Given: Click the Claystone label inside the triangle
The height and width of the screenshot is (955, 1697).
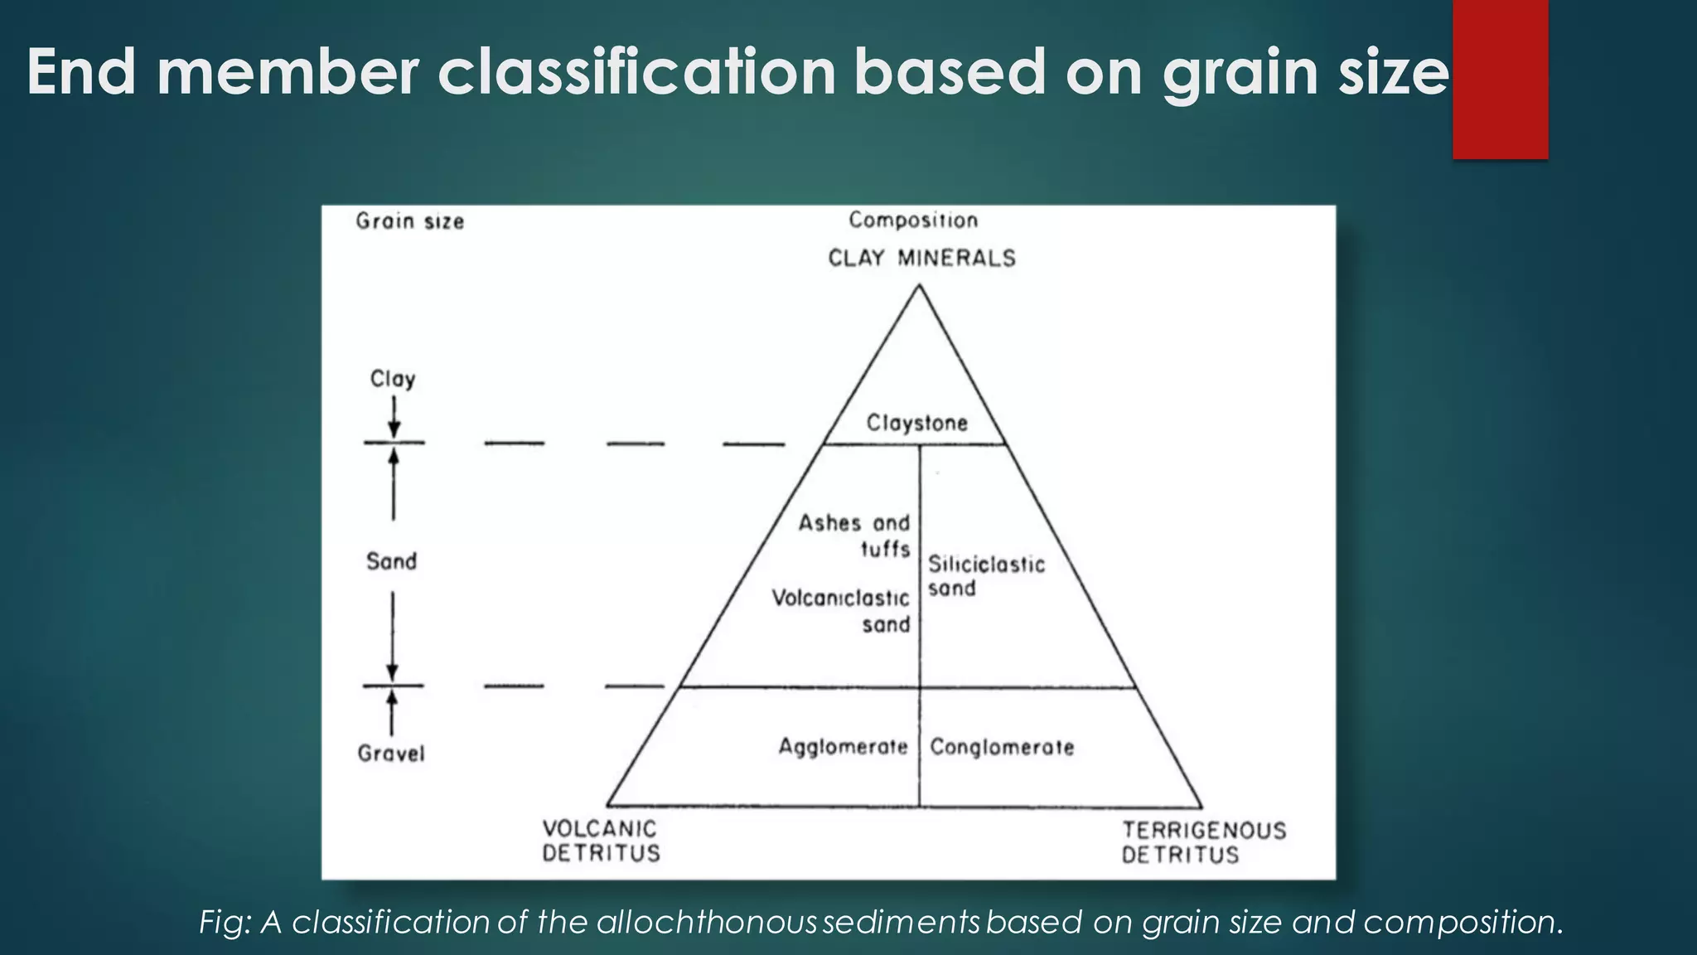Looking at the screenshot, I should [x=916, y=424].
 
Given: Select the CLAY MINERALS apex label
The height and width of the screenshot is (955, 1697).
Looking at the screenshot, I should [x=921, y=259].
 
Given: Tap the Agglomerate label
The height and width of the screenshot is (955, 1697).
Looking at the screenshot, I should [x=843, y=747].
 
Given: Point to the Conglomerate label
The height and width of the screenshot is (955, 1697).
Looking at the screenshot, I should [x=1002, y=747].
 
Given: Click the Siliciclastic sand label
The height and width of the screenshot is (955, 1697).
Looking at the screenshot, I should [x=985, y=576].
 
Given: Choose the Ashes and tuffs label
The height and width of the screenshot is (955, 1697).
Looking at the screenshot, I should [x=854, y=536].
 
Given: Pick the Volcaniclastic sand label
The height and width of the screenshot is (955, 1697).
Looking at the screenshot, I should [x=841, y=611].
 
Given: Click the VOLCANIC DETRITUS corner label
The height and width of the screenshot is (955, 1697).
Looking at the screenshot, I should [x=601, y=841].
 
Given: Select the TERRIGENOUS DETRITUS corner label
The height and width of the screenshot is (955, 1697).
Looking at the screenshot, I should [x=1204, y=842].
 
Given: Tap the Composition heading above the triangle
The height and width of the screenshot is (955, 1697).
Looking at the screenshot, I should [x=913, y=221].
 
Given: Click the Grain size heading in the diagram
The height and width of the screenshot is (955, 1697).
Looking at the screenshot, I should [x=410, y=221].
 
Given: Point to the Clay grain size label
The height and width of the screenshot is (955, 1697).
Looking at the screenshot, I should [x=393, y=379].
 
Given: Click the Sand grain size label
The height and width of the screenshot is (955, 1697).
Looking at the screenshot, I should [x=392, y=561].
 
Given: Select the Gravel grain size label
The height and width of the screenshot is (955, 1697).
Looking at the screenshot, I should [x=391, y=754].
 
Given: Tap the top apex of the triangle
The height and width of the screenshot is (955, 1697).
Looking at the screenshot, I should [x=918, y=286].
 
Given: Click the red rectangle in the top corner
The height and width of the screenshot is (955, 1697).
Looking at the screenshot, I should [x=1500, y=79].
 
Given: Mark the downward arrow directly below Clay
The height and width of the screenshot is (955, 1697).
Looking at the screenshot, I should [x=394, y=418].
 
